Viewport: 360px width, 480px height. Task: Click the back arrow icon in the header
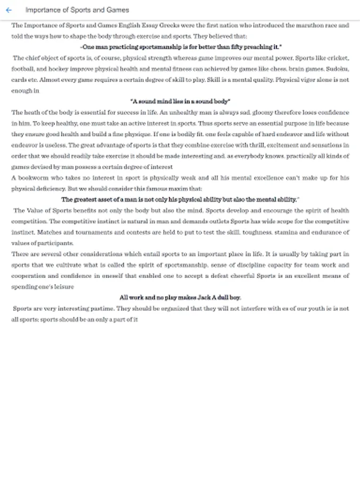click(x=9, y=10)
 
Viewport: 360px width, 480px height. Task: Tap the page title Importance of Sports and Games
click(x=77, y=10)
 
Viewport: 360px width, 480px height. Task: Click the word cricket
click(x=338, y=58)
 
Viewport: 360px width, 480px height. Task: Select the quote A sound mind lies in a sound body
click(x=180, y=101)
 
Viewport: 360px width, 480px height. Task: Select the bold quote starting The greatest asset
click(x=180, y=199)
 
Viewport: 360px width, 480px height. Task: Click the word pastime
click(x=102, y=308)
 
